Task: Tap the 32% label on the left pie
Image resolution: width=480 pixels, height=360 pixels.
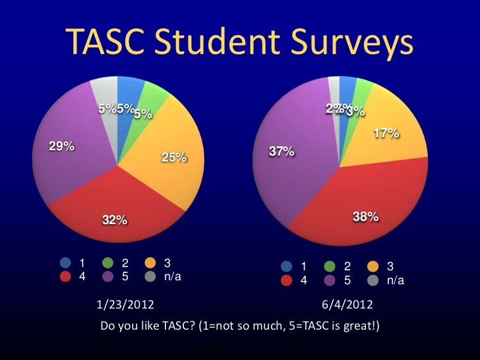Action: pos(114,220)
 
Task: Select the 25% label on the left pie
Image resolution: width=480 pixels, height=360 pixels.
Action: pos(174,158)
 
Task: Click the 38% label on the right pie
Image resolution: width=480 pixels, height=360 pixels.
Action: pos(365,216)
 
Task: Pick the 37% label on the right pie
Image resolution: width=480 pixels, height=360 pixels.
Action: pos(282,152)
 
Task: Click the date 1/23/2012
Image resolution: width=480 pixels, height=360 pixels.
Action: pos(126,305)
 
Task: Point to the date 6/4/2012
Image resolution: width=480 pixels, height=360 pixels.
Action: pos(347,305)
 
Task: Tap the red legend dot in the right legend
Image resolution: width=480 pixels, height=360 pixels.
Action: pos(287,280)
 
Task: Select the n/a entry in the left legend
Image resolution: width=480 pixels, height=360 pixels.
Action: pos(172,277)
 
